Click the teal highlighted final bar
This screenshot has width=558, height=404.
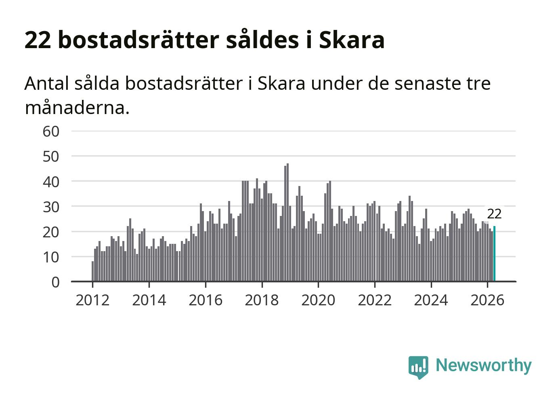pos(494,254)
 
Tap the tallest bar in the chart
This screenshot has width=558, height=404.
pos(287,222)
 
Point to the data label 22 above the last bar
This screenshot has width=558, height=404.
pos(494,214)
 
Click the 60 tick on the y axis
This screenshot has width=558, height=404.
pos(51,131)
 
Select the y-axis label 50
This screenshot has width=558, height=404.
pos(51,157)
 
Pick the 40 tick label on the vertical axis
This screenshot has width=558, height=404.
pos(51,182)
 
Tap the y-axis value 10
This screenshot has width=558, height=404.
pos(51,257)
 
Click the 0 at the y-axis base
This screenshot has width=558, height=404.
pos(56,282)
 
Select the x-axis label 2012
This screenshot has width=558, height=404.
pos(92,300)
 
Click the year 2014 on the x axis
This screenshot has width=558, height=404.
pos(149,300)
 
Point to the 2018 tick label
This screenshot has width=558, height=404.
pos(262,300)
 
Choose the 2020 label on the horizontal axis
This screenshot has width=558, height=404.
pos(318,300)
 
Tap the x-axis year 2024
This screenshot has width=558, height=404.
pos(431,300)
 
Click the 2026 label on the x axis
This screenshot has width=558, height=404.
pos(487,300)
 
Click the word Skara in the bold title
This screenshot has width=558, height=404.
pos(352,40)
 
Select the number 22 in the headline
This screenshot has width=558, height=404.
pos(38,40)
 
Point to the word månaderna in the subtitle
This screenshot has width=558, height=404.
pos(77,108)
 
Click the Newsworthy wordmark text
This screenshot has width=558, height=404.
pos(484,366)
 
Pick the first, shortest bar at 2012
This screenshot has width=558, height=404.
pos(93,271)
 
